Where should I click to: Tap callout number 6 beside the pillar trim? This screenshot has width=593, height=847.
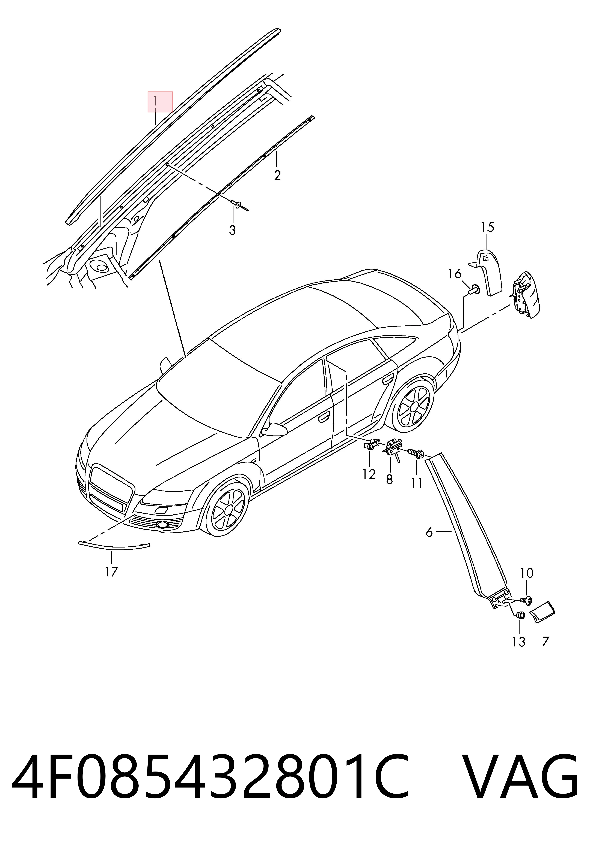coord(429,532)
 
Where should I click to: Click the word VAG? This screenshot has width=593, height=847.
coord(520,779)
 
